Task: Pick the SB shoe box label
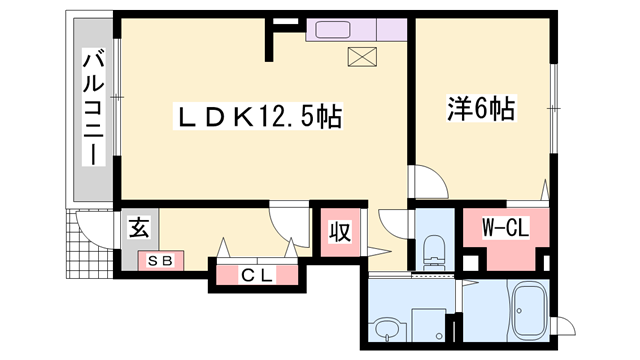[160, 262]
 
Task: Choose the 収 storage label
[340, 234]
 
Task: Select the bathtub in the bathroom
[526, 311]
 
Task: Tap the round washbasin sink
[385, 328]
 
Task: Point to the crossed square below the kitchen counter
[358, 57]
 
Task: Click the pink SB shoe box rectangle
[160, 262]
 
